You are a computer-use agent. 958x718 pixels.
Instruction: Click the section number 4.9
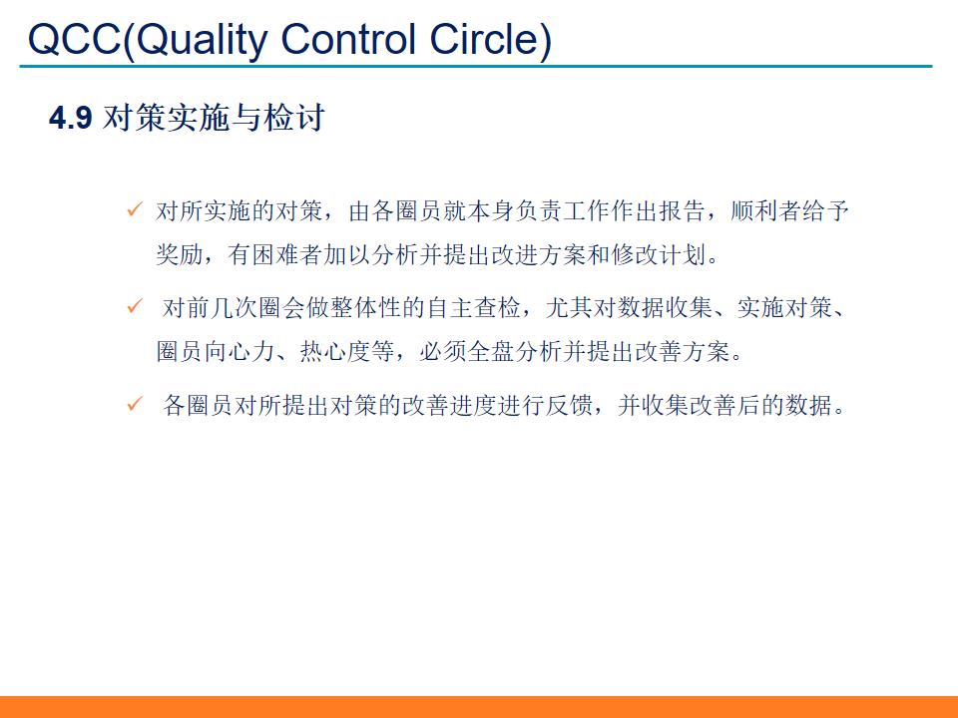coord(71,119)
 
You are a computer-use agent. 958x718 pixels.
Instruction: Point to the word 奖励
coord(182,256)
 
